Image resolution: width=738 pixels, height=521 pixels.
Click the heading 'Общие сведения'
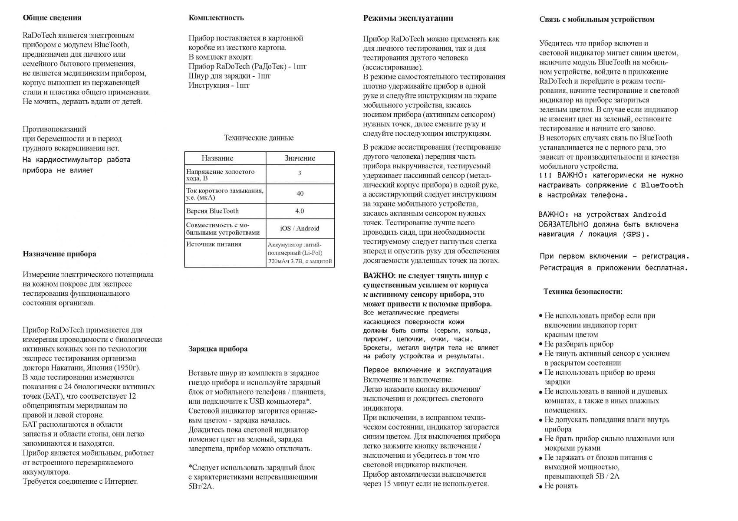(x=52, y=18)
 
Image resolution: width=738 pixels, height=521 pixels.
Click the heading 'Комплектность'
(x=216, y=18)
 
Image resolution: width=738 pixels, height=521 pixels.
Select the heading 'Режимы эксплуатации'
(x=408, y=18)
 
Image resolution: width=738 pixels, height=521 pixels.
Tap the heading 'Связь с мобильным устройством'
(x=597, y=20)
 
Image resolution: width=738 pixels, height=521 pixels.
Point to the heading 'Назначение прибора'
(x=59, y=254)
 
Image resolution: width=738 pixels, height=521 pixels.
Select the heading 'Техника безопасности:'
(x=583, y=292)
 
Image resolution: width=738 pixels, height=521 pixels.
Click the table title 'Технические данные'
(x=259, y=138)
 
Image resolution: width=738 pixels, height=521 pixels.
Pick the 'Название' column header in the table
(x=217, y=158)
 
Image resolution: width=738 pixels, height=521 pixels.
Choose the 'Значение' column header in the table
(x=300, y=158)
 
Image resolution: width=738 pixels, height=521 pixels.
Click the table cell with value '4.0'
(x=300, y=211)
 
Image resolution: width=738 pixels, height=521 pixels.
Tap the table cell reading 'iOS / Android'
(x=300, y=229)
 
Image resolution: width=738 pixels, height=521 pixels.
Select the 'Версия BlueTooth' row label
(x=213, y=211)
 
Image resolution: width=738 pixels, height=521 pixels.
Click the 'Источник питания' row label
(x=214, y=244)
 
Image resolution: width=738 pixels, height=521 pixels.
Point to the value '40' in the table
(x=300, y=193)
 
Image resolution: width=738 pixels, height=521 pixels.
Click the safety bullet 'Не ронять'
(x=561, y=486)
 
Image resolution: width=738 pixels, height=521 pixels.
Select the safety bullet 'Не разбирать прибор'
(x=579, y=344)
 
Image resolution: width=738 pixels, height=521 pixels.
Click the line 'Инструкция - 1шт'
(x=219, y=85)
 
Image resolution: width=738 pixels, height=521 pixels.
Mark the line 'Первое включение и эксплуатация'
(x=428, y=370)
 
